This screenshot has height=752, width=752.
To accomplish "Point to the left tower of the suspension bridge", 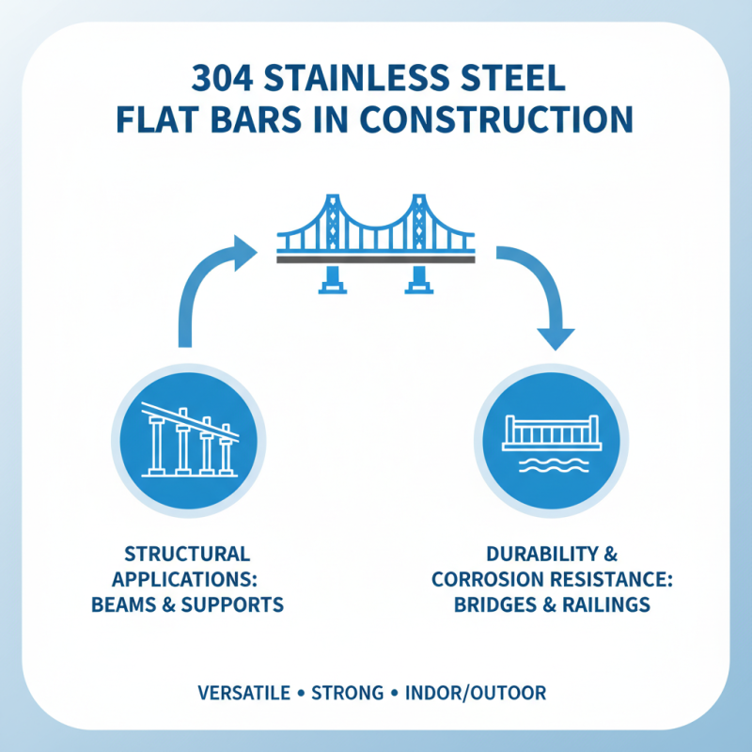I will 332,221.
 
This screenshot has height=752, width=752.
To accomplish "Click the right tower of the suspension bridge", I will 415,221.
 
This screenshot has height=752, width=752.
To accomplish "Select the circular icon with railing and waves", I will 551,438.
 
